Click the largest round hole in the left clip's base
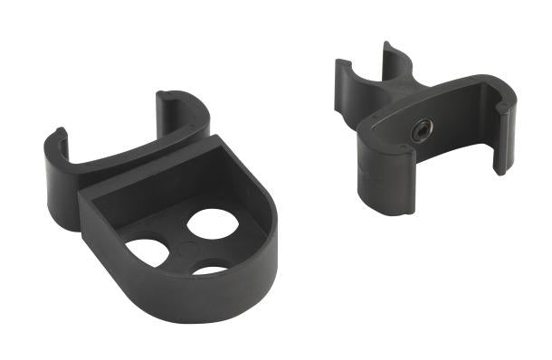tap(213, 223)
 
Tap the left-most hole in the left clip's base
tap(148, 252)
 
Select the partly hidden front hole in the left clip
tap(211, 269)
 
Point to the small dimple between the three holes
tap(186, 247)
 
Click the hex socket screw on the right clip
tap(422, 130)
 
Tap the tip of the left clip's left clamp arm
tap(58, 136)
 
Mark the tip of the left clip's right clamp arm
tap(171, 97)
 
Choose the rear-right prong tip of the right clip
tap(391, 47)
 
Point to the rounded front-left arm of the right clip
tap(376, 172)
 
